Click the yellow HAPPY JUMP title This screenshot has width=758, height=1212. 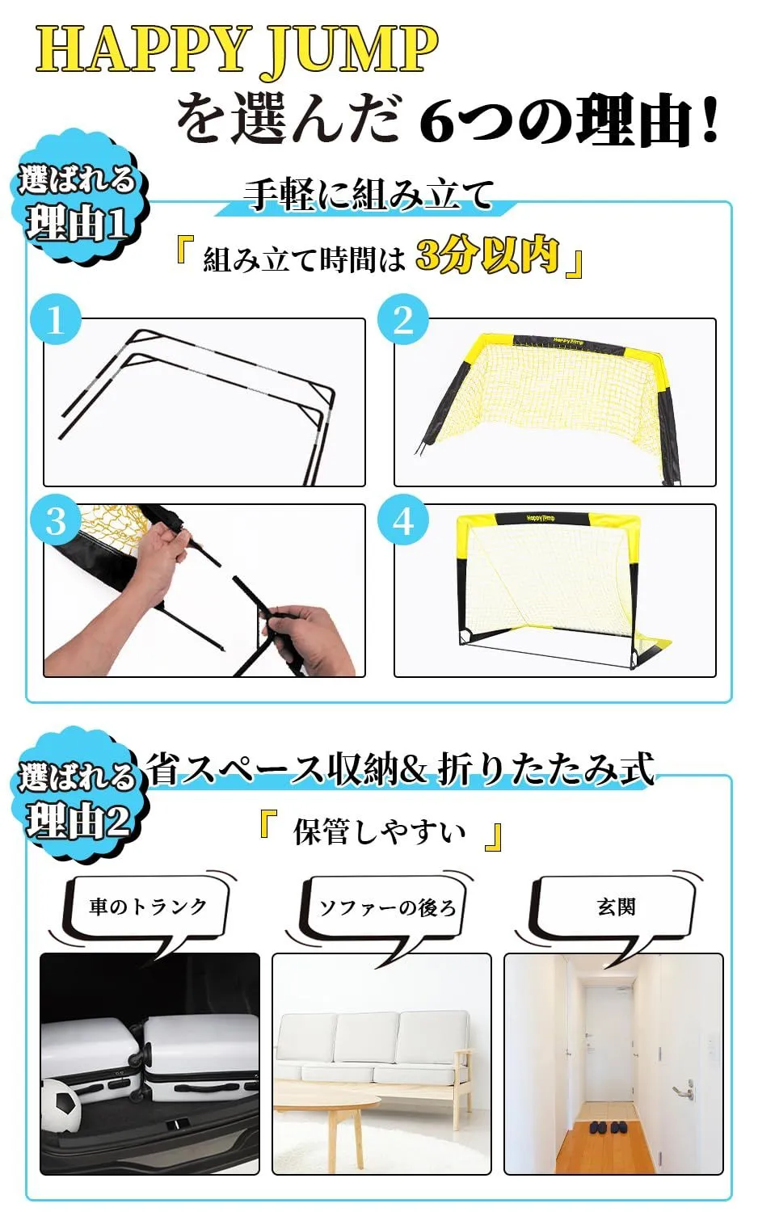click(x=237, y=50)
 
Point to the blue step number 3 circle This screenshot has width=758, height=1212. click(x=56, y=522)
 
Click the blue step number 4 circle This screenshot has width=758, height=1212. click(x=403, y=522)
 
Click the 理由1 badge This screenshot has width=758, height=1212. click(x=79, y=204)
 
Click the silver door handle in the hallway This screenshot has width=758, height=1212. click(x=683, y=1088)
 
